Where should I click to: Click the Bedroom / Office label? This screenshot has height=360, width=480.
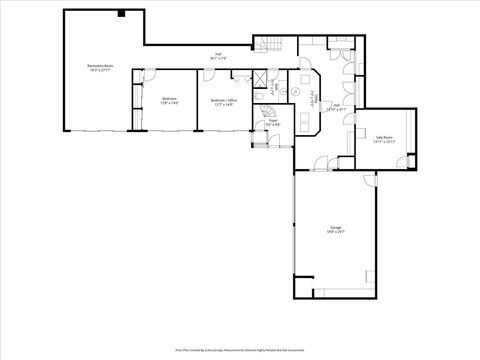pos(222,101)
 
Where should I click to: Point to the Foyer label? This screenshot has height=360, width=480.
pos(272,122)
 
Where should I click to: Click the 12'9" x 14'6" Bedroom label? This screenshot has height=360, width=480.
pos(169,101)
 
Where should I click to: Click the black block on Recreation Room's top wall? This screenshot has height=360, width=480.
pos(120,14)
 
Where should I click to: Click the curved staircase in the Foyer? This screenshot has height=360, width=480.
pos(268,112)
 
